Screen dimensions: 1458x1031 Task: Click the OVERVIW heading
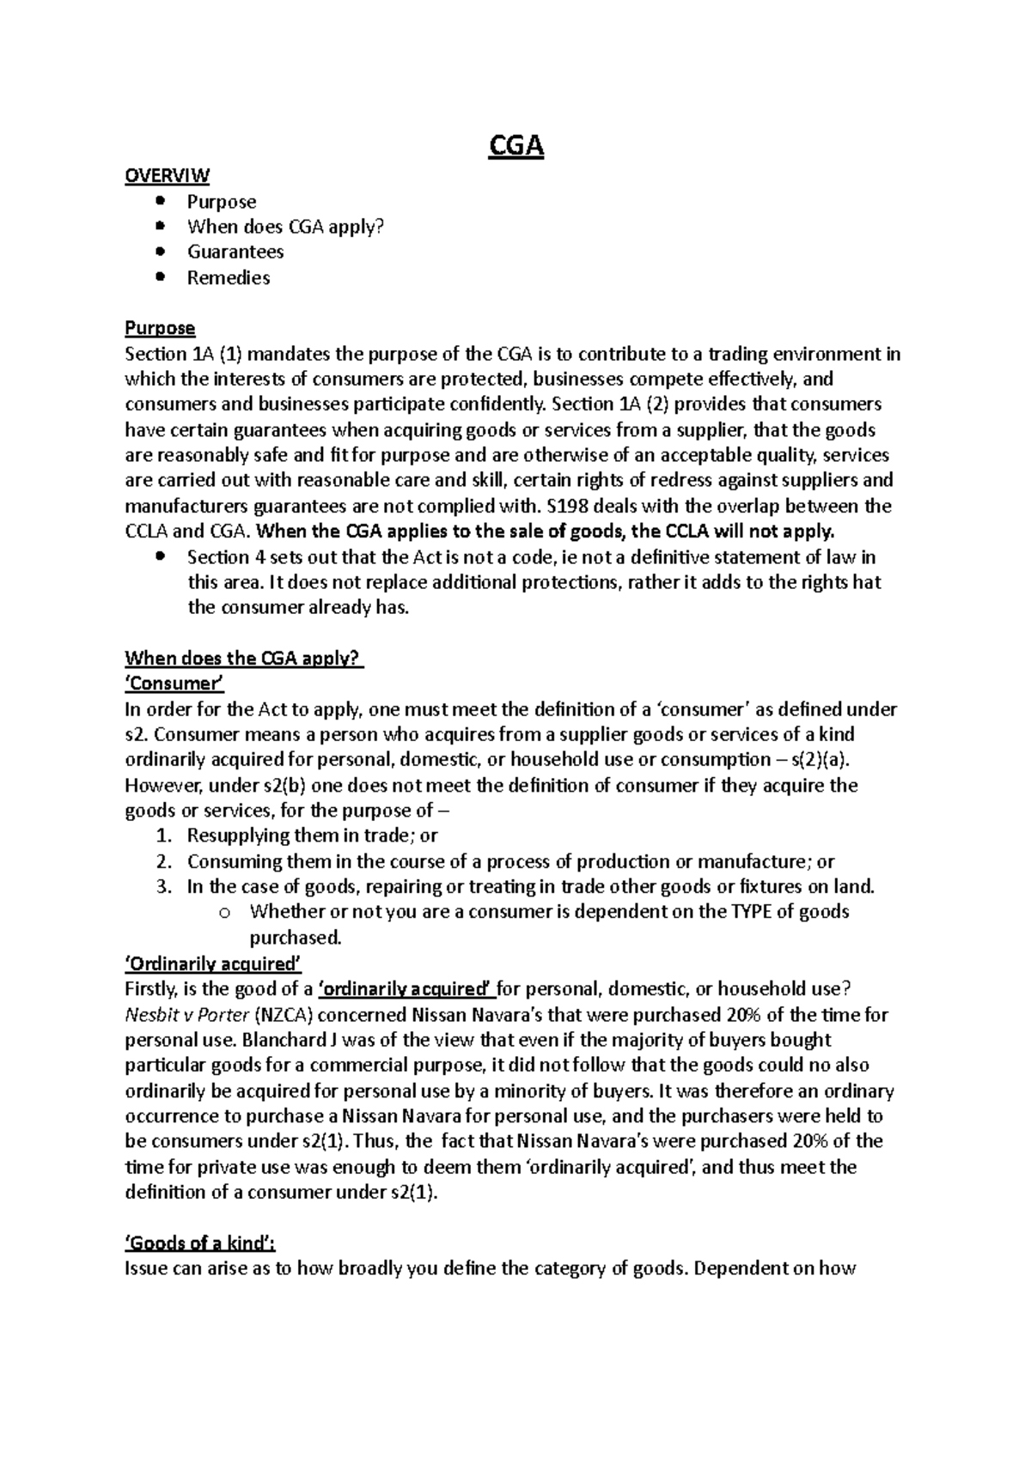[167, 176]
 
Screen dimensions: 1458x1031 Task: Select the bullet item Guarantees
[235, 252]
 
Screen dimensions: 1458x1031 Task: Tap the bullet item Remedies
[229, 277]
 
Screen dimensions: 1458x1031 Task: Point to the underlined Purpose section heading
[160, 328]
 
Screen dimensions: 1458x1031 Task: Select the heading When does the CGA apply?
[244, 659]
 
